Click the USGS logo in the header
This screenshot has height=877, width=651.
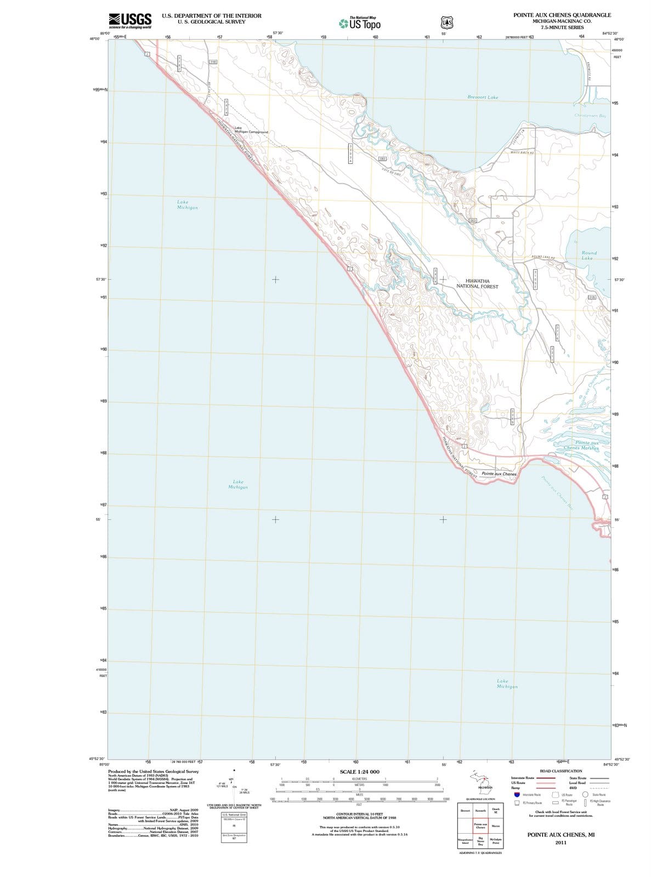coord(130,21)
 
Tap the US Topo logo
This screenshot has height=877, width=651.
coord(360,24)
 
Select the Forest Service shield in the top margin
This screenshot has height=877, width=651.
coord(447,22)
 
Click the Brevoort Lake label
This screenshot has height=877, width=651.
coord(483,97)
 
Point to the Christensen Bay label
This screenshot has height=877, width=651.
coord(590,116)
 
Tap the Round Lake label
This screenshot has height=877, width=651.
coord(588,255)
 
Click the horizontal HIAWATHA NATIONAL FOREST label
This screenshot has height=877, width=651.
coord(478,283)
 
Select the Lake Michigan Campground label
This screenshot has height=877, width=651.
coord(251,130)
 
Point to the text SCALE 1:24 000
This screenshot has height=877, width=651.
coord(359,772)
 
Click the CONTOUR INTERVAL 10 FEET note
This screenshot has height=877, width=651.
coord(359,815)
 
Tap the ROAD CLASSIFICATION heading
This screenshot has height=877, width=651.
coord(561,771)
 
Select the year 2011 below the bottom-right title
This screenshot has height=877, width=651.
coord(561,842)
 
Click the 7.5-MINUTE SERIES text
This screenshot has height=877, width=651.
coord(562,27)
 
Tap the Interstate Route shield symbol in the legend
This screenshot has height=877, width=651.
coord(517,795)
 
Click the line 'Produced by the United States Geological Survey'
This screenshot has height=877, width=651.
coord(153,771)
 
